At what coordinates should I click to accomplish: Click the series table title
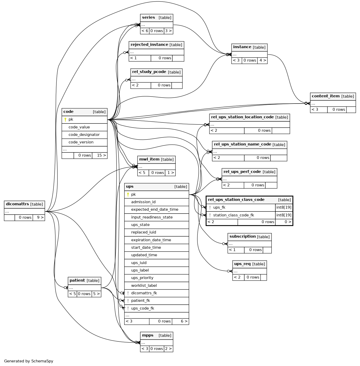click(148, 18)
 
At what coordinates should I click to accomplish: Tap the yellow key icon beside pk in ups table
click(128, 194)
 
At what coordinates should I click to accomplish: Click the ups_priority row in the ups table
click(157, 278)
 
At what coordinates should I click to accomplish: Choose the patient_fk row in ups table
click(157, 301)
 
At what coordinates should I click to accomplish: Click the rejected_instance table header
click(156, 45)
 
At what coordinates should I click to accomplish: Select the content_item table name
click(326, 96)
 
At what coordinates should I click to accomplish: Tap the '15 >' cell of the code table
click(100, 156)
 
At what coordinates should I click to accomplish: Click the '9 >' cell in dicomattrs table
click(39, 218)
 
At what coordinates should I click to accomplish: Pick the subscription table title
click(243, 237)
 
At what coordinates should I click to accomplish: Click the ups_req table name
click(243, 264)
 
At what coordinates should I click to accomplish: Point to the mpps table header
click(157, 336)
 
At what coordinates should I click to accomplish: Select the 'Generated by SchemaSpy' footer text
click(29, 361)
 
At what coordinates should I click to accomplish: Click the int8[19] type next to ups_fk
click(284, 207)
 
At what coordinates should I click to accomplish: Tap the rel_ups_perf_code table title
click(242, 172)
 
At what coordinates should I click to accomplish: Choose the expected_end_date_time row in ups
click(157, 210)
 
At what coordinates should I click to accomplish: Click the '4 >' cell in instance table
click(262, 61)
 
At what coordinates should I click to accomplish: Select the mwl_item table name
click(149, 159)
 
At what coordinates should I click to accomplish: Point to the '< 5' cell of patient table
click(72, 294)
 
